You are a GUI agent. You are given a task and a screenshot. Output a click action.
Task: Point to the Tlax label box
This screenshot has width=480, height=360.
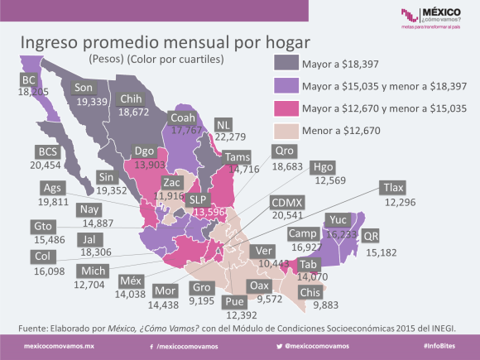pyautogui.click(x=393, y=188)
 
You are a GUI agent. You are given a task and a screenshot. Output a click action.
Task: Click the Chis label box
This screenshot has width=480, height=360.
pyautogui.click(x=312, y=291)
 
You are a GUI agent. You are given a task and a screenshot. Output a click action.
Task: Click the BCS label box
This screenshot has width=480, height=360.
pyautogui.click(x=46, y=151)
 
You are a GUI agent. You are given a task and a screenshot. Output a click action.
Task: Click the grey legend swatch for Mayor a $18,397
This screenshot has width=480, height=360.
pyautogui.click(x=285, y=62)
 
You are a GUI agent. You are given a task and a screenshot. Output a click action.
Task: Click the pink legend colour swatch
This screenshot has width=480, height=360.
pyautogui.click(x=285, y=107)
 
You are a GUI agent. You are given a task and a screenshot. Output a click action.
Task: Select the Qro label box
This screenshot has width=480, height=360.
pyautogui.click(x=285, y=151)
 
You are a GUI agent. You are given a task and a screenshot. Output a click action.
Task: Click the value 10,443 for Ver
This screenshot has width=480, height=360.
pyautogui.click(x=262, y=262)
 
